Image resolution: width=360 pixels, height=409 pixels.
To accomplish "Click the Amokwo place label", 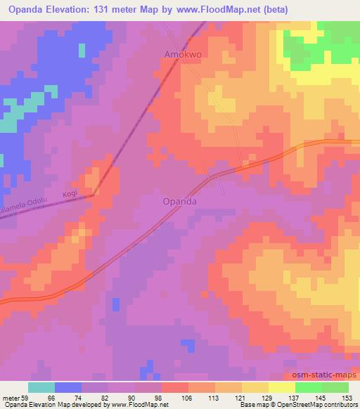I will point(184,54).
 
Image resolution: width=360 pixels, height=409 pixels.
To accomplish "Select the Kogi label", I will point(69,193).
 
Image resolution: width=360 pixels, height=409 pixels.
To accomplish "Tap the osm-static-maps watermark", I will point(326,376).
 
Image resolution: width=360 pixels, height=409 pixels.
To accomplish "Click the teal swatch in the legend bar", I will point(41,387).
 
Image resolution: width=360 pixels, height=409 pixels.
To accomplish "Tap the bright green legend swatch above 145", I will point(308,387).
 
